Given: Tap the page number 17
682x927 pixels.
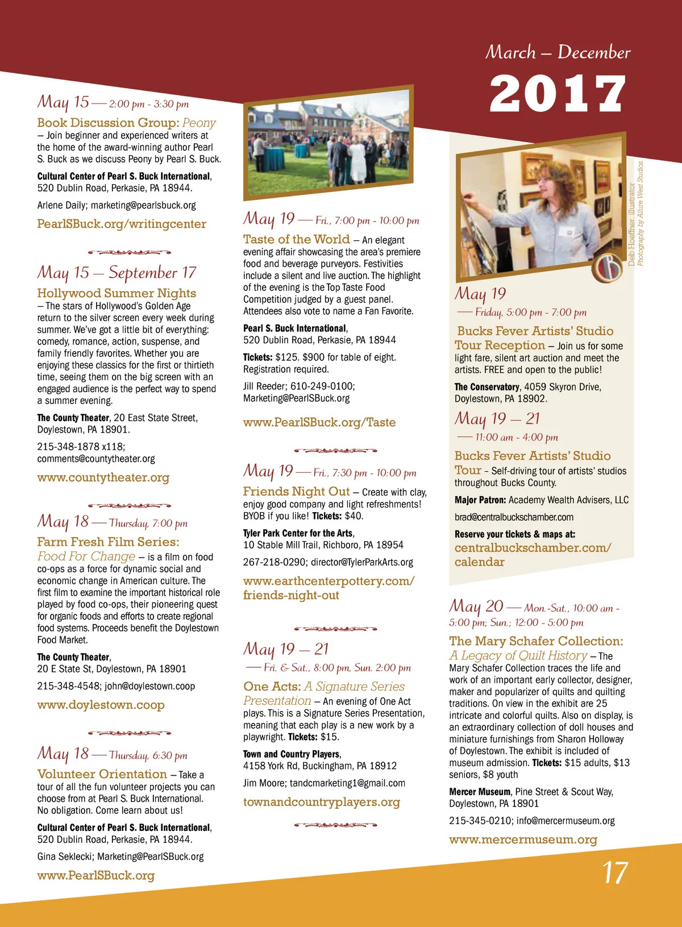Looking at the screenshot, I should point(615,873).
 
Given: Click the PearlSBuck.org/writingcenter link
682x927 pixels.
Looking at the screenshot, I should point(122,224).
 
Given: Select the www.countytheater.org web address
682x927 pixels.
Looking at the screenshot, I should point(103,477).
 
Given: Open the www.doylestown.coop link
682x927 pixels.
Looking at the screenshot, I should point(101,705).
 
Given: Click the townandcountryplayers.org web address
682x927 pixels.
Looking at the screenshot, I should point(322,802).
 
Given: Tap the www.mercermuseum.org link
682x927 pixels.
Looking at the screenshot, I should point(523,839).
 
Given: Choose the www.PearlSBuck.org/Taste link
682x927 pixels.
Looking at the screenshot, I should point(319,422).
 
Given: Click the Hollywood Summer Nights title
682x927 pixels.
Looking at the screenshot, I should point(117,293).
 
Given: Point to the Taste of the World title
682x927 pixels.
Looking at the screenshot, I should point(296,239).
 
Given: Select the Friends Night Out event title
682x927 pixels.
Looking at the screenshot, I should point(296,492).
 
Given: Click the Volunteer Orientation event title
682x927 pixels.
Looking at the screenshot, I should point(102,774).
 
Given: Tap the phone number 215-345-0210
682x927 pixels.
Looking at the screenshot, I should point(480,821).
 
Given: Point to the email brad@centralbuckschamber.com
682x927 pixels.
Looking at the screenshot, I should point(514,517).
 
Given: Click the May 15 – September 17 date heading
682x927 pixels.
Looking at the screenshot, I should point(117,273).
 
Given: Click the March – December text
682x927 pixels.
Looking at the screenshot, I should point(558,52).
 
